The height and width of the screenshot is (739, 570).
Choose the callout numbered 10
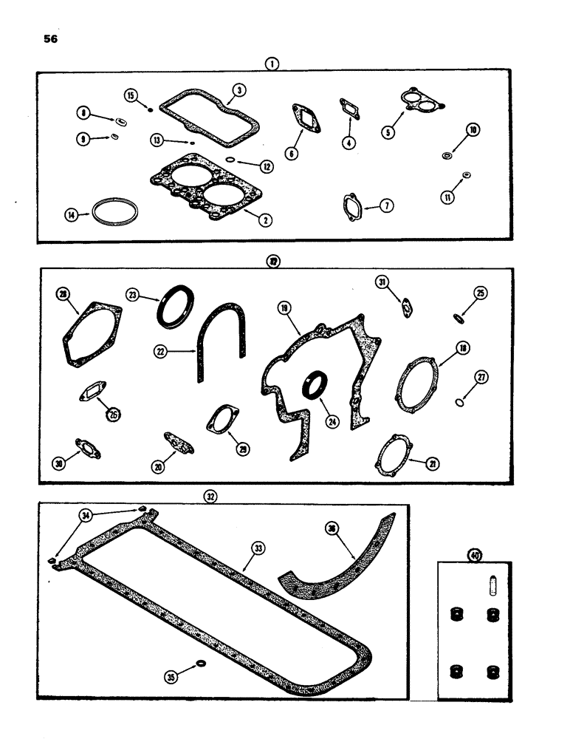[473, 130]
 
